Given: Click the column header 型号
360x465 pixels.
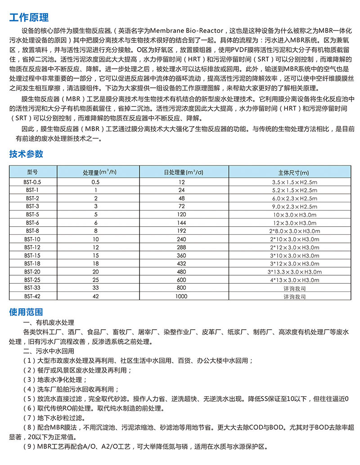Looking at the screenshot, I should click(x=32, y=172).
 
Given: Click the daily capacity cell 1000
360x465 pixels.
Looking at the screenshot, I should click(x=181, y=296).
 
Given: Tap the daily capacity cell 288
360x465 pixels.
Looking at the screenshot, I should click(x=181, y=247).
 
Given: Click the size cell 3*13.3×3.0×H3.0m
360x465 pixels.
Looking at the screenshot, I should click(x=295, y=272).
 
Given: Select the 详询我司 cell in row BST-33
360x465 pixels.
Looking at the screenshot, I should click(x=295, y=288).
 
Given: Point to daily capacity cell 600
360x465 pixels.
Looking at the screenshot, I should click(x=181, y=280).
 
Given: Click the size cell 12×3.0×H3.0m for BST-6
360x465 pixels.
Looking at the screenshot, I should click(x=295, y=223).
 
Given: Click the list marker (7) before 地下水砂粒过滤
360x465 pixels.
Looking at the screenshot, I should click(x=27, y=417).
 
